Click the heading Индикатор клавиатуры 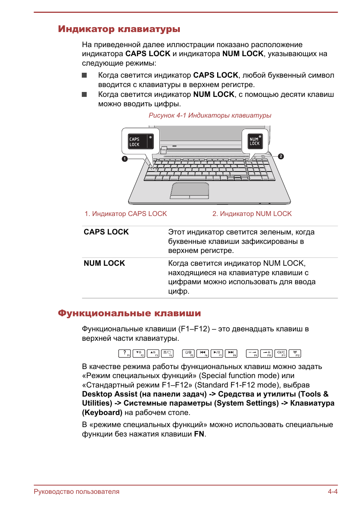pyautogui.click(x=119, y=29)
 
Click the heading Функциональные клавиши pyautogui.click(x=129, y=314)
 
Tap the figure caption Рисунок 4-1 pyautogui.click(x=210, y=115)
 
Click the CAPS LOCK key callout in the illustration pyautogui.click(x=141, y=141)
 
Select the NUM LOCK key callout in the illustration pyautogui.click(x=255, y=141)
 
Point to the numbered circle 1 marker pyautogui.click(x=125, y=159)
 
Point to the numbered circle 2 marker pyautogui.click(x=281, y=156)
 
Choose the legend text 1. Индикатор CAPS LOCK pyautogui.click(x=126, y=214)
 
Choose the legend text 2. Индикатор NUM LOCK pyautogui.click(x=252, y=214)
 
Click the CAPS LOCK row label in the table pyautogui.click(x=106, y=232)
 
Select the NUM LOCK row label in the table pyautogui.click(x=104, y=263)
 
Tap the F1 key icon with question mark pyautogui.click(x=125, y=353)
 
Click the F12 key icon pyautogui.click(x=295, y=353)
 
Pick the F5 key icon pyautogui.click(x=188, y=353)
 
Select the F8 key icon pyautogui.click(x=231, y=353)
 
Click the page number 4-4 pyautogui.click(x=332, y=492)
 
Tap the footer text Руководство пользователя pyautogui.click(x=77, y=492)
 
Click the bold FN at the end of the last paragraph pyautogui.click(x=199, y=434)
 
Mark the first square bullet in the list pyautogui.click(x=84, y=75)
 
